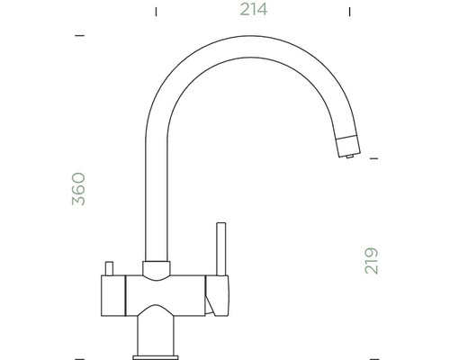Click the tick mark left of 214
point(156,12)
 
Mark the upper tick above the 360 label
point(79,36)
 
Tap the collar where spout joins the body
point(157,266)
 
